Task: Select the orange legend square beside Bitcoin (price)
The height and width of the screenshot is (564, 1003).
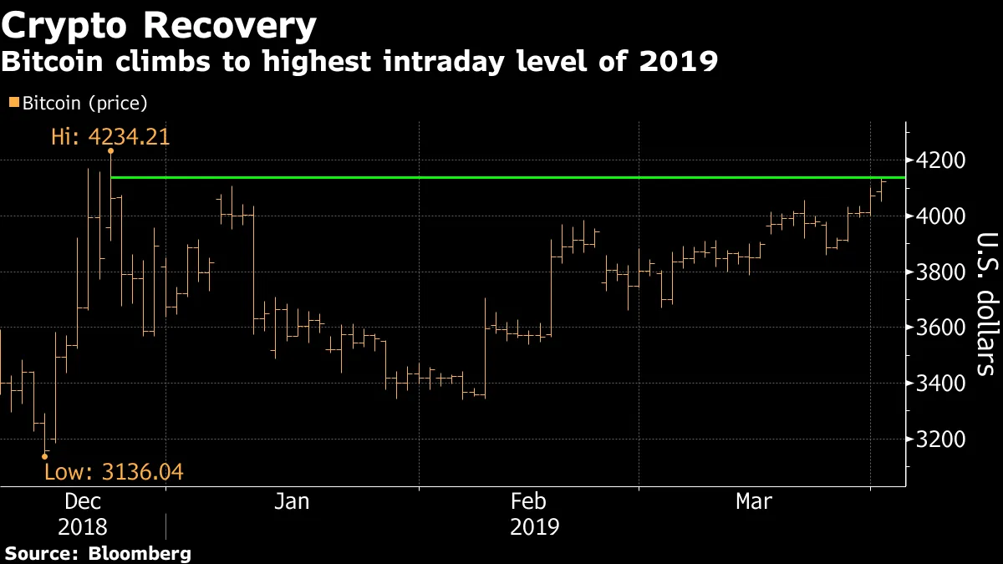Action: (13, 103)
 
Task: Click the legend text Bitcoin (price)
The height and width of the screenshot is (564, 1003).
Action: (84, 104)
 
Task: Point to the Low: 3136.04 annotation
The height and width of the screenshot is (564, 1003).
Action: (113, 473)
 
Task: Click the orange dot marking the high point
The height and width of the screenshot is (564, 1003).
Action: (110, 151)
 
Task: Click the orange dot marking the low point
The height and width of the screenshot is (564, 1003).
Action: (44, 456)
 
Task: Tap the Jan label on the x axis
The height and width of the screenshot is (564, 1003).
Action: (292, 501)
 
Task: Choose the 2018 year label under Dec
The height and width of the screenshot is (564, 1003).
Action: (83, 528)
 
